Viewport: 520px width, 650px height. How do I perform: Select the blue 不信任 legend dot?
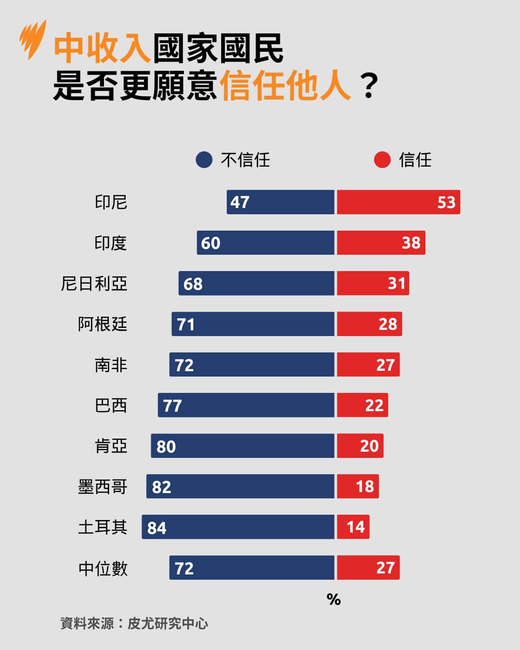coord(204,160)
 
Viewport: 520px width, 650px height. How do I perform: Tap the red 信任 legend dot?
coord(382,160)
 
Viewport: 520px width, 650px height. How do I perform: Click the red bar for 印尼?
coord(398,202)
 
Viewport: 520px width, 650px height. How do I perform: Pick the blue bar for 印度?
coord(266,243)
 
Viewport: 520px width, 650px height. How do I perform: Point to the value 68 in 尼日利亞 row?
coord(193,284)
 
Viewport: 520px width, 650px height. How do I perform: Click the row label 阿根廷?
coord(103,324)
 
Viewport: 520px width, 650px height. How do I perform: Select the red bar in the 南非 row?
coord(368,364)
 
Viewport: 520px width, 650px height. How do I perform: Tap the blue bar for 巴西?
coord(246,405)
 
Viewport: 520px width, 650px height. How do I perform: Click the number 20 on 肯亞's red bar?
coord(369,446)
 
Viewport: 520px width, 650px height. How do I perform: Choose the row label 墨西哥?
coord(103,487)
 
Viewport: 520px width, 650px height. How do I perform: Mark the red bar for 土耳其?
coord(353,527)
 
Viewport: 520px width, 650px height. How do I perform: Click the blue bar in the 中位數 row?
coord(252,568)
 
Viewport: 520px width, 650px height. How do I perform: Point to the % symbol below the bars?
coord(334,599)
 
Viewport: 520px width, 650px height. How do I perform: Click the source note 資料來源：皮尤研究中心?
coord(134,624)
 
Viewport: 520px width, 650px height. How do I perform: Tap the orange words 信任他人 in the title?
coord(286,87)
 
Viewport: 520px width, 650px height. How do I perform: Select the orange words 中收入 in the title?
coord(102,49)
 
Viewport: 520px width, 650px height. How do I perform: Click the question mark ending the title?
coord(369,87)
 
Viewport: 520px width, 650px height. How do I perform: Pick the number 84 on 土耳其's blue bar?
coord(157,528)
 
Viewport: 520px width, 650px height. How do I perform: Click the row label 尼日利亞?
coord(94,284)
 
